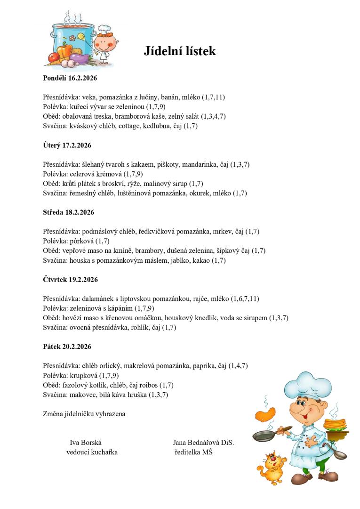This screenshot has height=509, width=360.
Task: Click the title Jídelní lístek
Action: [180, 51]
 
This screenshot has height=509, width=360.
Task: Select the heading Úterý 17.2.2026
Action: [66, 145]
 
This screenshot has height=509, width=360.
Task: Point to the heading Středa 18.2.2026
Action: [68, 212]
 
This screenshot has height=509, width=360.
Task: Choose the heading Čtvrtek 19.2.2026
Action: [70, 280]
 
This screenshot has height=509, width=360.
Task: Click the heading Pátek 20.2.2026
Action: [66, 347]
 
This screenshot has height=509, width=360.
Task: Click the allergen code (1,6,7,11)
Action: [244, 299]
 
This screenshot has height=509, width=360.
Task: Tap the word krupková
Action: [84, 375]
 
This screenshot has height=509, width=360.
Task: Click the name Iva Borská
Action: [86, 443]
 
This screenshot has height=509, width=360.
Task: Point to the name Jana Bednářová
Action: [194, 443]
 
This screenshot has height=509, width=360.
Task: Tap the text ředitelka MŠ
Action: [193, 452]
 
